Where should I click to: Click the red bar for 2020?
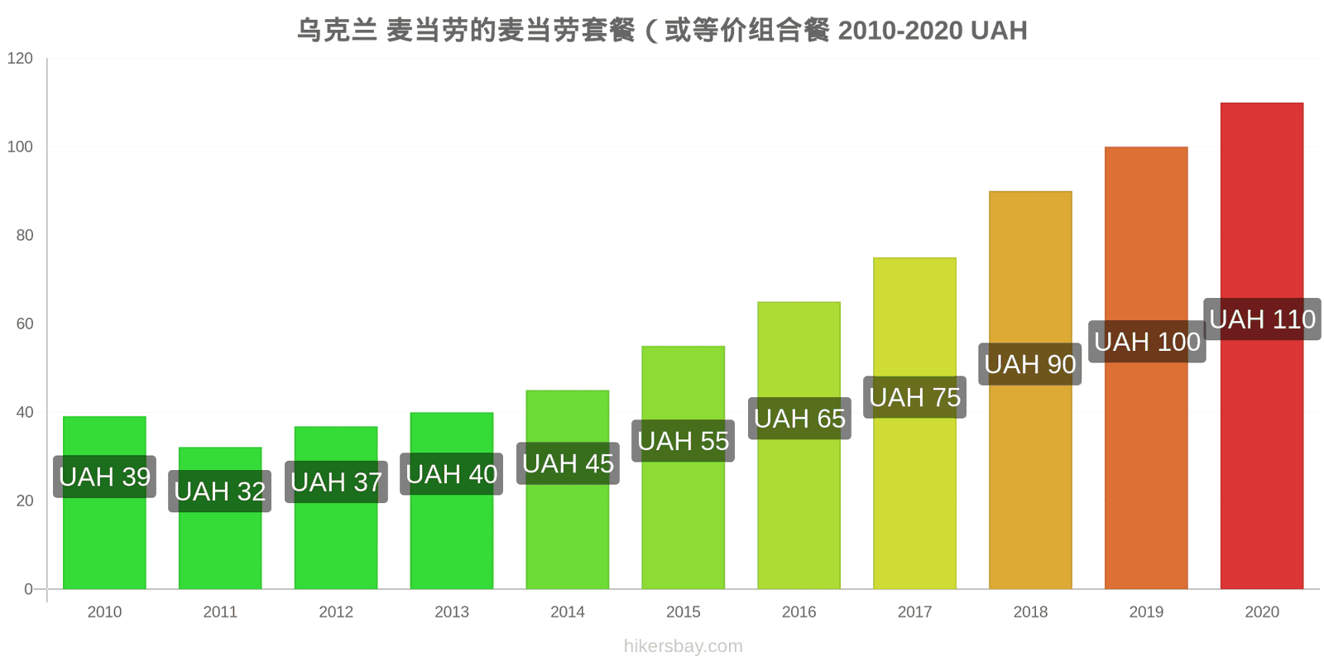[x=1261, y=346]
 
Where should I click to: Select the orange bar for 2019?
[x=1146, y=367]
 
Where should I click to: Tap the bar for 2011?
[x=220, y=518]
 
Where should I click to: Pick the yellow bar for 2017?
[x=914, y=423]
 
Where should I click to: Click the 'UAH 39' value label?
[x=104, y=477]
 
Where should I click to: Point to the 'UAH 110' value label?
[x=1262, y=319]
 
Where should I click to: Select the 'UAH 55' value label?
[x=684, y=441]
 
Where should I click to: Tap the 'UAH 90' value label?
[x=1030, y=364]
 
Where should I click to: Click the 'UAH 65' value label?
[x=799, y=419]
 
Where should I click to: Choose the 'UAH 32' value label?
[x=220, y=492]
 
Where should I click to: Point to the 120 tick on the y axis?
[x=20, y=58]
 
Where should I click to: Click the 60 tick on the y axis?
[x=25, y=324]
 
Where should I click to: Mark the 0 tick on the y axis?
[x=28, y=588]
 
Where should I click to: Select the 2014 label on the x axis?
[x=568, y=612]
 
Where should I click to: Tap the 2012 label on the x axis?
[x=336, y=612]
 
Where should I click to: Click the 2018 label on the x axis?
[x=1030, y=612]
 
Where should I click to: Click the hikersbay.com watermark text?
[x=684, y=646]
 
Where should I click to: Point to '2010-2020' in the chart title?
[x=901, y=31]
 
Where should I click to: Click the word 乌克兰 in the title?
[x=337, y=31]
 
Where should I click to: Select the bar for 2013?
[x=452, y=501]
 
